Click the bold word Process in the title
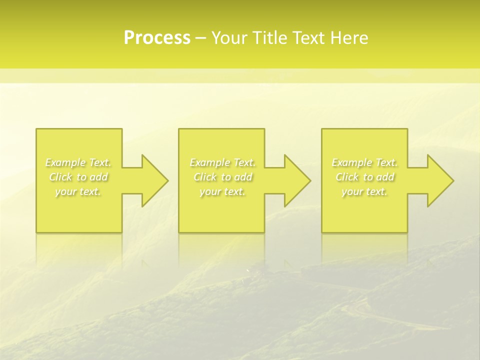pyautogui.click(x=157, y=38)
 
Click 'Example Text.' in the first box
pyautogui.click(x=78, y=162)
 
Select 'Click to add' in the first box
pyautogui.click(x=78, y=177)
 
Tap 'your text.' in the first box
pyautogui.click(x=78, y=191)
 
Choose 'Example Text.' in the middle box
pyautogui.click(x=222, y=162)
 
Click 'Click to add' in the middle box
pyautogui.click(x=222, y=177)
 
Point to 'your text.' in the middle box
pyautogui.click(x=222, y=191)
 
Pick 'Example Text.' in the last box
pyautogui.click(x=364, y=162)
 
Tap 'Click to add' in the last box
pyautogui.click(x=364, y=177)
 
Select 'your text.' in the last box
pyautogui.click(x=364, y=191)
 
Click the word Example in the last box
pyautogui.click(x=352, y=162)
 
